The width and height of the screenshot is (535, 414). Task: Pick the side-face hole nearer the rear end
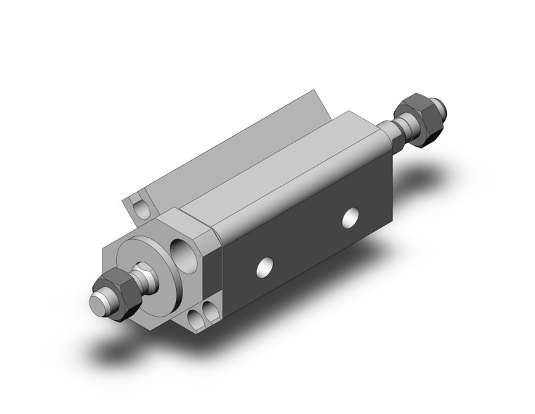pos(349,219)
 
